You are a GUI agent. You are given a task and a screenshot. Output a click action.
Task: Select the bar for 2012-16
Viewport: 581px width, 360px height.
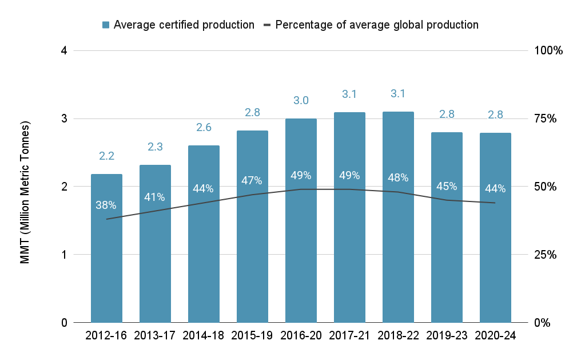pos(106,248)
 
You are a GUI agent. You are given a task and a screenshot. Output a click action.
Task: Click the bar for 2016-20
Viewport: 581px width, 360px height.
pos(301,220)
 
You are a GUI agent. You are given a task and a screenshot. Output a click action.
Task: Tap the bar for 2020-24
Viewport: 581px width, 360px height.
pos(495,228)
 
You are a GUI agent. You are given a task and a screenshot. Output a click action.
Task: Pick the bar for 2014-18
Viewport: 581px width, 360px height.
pos(204,234)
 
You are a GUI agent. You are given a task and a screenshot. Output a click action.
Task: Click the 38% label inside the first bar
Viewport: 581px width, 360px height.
pos(106,205)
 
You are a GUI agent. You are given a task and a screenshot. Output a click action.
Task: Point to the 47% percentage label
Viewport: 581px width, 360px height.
pos(252,180)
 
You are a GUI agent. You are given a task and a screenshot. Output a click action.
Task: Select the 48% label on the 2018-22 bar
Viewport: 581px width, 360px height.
pos(398,178)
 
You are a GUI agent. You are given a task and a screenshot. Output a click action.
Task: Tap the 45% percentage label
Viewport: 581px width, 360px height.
pos(447,186)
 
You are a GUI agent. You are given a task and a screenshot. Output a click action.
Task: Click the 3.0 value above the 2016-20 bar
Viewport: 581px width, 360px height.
pos(301,101)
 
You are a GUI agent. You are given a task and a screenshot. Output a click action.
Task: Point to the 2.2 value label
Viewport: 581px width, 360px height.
pos(106,156)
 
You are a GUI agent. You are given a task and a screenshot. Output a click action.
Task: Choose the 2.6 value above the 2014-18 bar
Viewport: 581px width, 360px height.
pos(204,128)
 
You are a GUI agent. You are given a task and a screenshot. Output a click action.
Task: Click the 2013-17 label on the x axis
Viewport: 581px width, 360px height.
pos(154,335)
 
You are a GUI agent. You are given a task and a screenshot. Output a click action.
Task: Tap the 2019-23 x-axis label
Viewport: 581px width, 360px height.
pos(447,335)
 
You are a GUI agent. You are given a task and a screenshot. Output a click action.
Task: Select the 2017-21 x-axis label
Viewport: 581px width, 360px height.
pos(349,335)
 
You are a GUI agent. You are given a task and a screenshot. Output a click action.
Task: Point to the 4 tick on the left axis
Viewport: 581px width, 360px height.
pos(64,50)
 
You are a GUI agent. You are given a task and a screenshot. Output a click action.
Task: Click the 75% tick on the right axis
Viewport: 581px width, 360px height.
pos(545,118)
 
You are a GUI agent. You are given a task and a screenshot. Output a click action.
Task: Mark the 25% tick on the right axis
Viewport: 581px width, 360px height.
pos(545,255)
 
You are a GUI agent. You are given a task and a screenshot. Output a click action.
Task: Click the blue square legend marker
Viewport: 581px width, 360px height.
pos(106,25)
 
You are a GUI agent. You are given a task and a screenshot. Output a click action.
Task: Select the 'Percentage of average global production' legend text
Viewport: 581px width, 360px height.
pos(377,25)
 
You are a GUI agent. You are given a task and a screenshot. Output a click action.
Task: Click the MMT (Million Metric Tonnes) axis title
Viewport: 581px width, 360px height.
pos(25,192)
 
